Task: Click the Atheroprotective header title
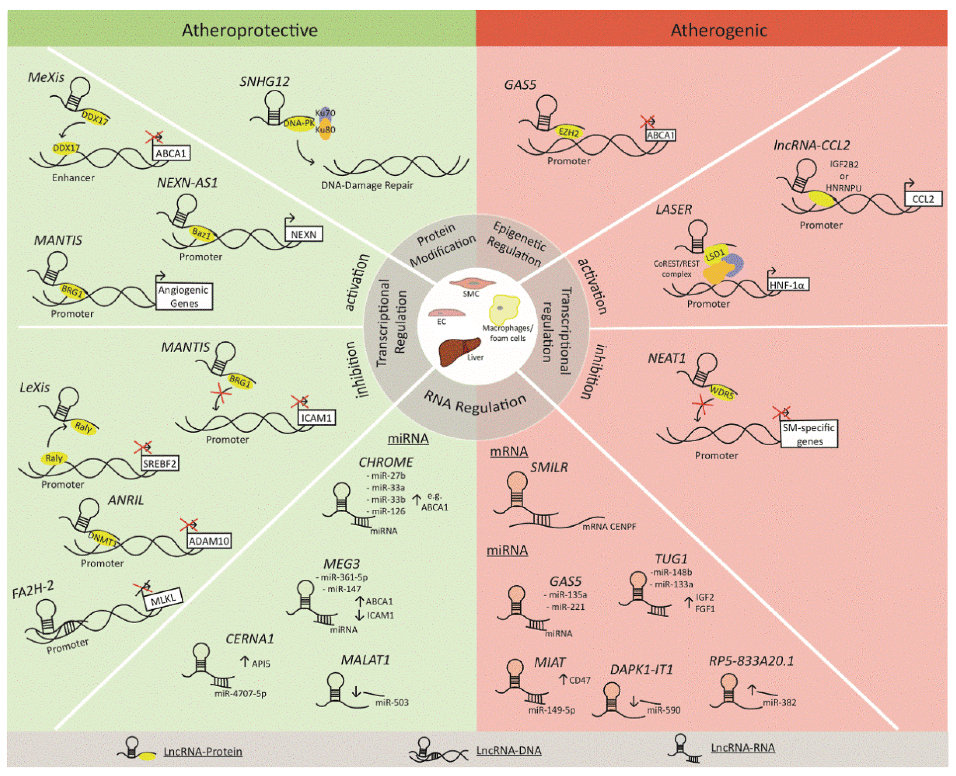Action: [249, 30]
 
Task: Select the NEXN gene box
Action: [303, 234]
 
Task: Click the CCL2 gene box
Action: [923, 199]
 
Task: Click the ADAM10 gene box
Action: [209, 541]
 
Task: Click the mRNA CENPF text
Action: [609, 526]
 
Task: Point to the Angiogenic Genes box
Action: [184, 296]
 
